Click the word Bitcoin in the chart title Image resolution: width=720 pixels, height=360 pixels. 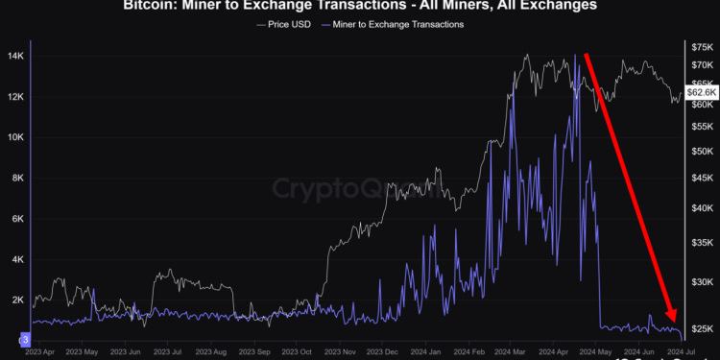[152, 6]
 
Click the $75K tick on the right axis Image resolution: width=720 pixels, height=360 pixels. [701, 46]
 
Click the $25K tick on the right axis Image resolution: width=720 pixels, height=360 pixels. [701, 329]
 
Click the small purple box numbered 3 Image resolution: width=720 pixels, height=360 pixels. [26, 339]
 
